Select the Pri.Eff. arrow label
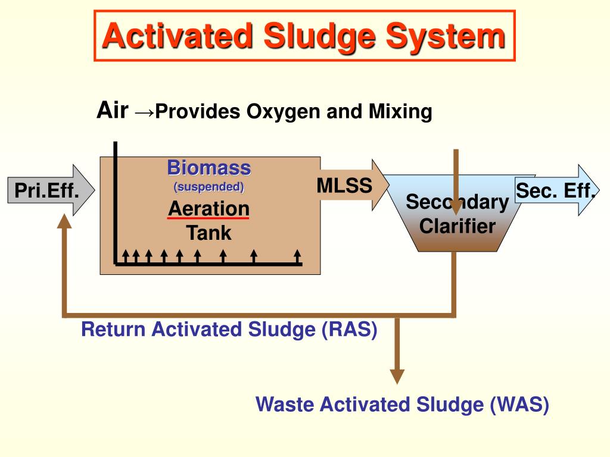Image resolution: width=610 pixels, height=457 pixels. pyautogui.click(x=46, y=191)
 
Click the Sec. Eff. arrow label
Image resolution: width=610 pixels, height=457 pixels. pyautogui.click(x=555, y=191)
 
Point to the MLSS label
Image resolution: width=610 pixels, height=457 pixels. pyautogui.click(x=344, y=186)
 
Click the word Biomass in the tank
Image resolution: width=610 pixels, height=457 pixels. pyautogui.click(x=208, y=167)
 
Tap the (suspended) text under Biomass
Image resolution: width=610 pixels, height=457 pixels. pyautogui.click(x=208, y=187)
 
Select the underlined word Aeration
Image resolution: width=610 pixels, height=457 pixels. pyautogui.click(x=208, y=208)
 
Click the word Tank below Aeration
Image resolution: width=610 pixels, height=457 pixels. pyautogui.click(x=208, y=232)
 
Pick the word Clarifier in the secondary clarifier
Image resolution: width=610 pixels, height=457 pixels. pyautogui.click(x=457, y=226)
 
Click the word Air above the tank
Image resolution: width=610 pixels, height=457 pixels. pyautogui.click(x=113, y=111)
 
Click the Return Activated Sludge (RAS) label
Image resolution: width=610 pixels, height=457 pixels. pyautogui.click(x=229, y=329)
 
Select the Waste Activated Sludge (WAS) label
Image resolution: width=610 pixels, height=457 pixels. pyautogui.click(x=402, y=405)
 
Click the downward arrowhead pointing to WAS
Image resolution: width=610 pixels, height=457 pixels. pyautogui.click(x=397, y=376)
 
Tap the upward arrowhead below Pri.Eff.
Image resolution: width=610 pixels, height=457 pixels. pyautogui.click(x=64, y=221)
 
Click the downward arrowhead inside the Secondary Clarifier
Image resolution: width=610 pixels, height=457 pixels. pyautogui.click(x=456, y=208)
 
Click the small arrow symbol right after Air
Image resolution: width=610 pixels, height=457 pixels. pyautogui.click(x=144, y=112)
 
